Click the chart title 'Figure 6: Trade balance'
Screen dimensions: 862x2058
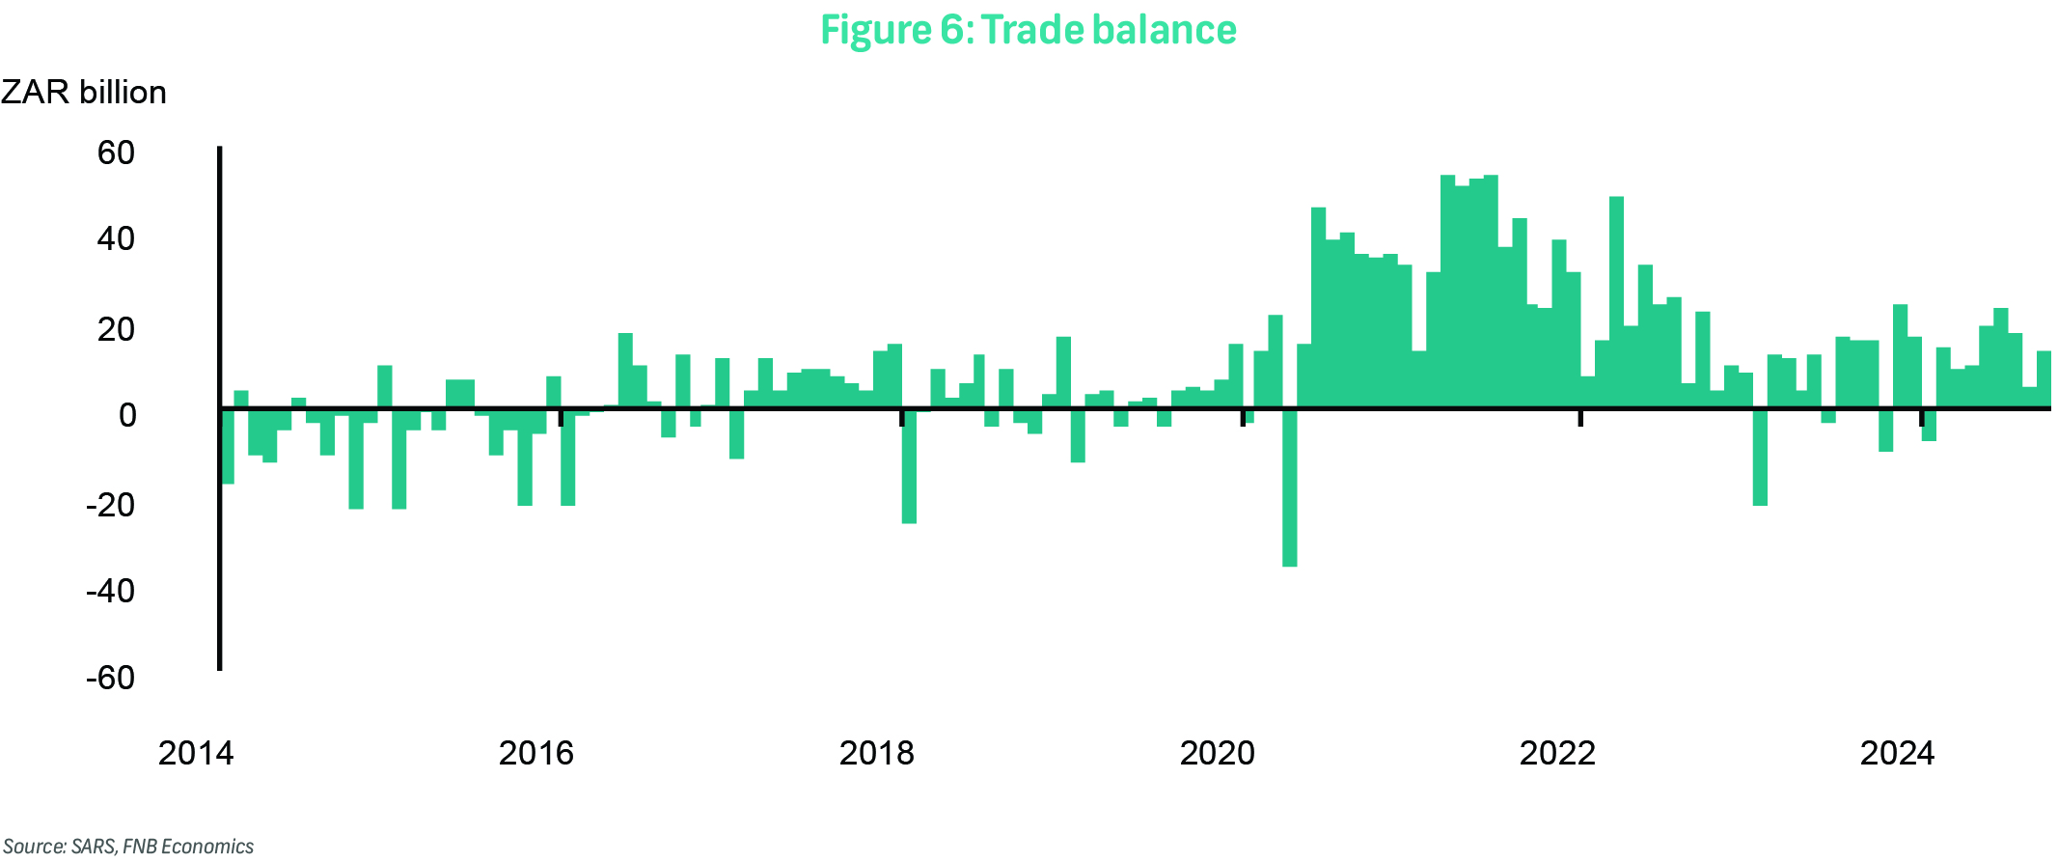click(1028, 30)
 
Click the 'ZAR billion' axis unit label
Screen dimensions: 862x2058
click(84, 93)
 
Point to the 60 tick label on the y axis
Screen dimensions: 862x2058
click(116, 153)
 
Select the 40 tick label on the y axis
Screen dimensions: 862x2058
click(116, 238)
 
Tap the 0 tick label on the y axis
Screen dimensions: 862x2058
click(127, 415)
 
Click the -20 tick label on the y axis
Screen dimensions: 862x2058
click(111, 504)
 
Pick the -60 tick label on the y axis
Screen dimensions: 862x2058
click(111, 678)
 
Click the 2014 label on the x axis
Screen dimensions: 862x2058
click(196, 753)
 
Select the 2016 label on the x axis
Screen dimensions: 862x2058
click(535, 753)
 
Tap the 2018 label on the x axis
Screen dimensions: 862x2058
click(876, 753)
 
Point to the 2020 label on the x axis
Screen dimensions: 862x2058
click(1217, 753)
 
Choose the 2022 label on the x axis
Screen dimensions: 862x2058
click(1557, 753)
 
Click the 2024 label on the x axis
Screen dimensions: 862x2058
click(1897, 753)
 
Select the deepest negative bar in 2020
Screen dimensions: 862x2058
click(1289, 487)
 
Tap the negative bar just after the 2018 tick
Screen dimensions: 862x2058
click(909, 466)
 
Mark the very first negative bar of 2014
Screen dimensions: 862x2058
click(228, 446)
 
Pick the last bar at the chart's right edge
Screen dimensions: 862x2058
click(2044, 379)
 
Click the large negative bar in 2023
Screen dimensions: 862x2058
click(1760, 457)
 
